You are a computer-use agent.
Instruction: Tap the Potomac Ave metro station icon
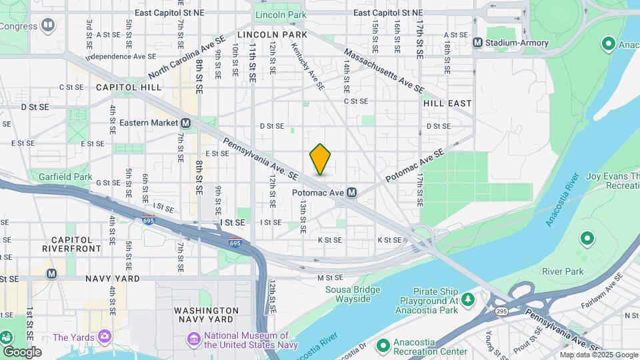tap(351, 192)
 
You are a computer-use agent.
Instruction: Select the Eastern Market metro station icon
tap(185, 123)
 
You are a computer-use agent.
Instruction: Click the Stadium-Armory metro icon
tap(477, 43)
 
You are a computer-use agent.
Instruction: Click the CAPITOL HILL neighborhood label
tap(129, 87)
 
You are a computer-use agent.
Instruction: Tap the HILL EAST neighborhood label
tap(447, 103)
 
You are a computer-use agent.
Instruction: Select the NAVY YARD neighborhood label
tap(112, 278)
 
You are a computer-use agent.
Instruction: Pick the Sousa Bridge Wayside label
tap(353, 294)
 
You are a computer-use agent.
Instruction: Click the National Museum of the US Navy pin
tap(194, 339)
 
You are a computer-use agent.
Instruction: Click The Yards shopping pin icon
tap(104, 337)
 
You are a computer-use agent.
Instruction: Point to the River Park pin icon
tap(587, 238)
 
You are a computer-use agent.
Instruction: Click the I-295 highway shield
tap(501, 311)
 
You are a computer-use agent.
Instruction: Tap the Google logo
tap(22, 351)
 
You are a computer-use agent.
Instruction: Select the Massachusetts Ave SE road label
tap(383, 70)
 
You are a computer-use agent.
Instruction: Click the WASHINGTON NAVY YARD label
tap(206, 315)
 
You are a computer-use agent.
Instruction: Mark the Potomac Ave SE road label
tap(414, 166)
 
